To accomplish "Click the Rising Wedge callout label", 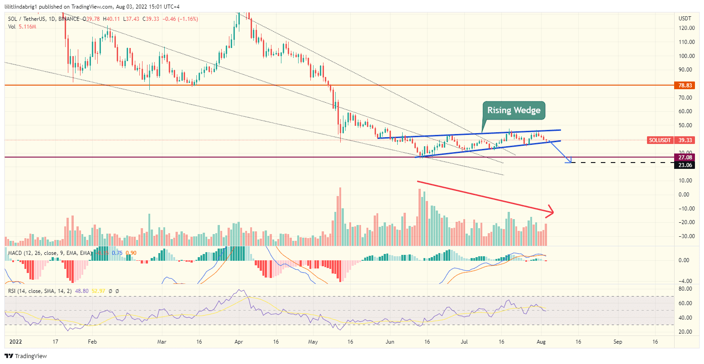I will point(514,110).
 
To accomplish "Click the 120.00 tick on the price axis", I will point(686,28).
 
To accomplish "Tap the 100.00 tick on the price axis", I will point(686,56).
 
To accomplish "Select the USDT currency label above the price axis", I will point(685,19).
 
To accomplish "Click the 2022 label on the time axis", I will point(15,342).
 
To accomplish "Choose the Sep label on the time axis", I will point(618,342).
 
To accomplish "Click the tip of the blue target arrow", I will point(571,162).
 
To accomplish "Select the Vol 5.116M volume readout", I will point(22,27).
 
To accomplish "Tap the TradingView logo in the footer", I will point(26,356).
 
